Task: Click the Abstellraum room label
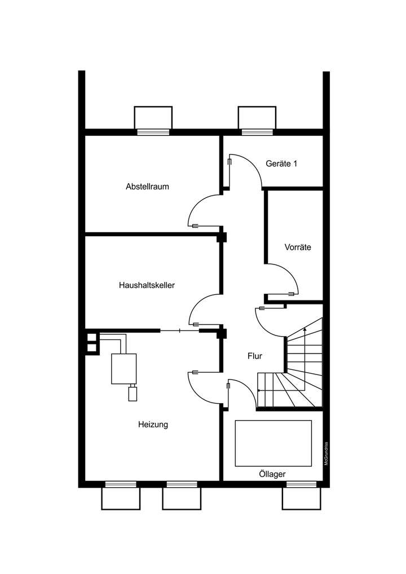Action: pos(147,186)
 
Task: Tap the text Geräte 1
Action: pos(281,164)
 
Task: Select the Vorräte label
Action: pos(298,247)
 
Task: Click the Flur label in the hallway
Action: pos(255,356)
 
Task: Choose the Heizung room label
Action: pos(153,425)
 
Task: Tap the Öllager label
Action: pos(272,475)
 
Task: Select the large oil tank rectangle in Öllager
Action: pos(273,443)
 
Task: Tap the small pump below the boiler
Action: pos(133,393)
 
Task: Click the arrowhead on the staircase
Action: pos(304,330)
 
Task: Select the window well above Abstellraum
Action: pos(153,118)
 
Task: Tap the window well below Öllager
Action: pos(301,497)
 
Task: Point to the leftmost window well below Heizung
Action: pos(121,497)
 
